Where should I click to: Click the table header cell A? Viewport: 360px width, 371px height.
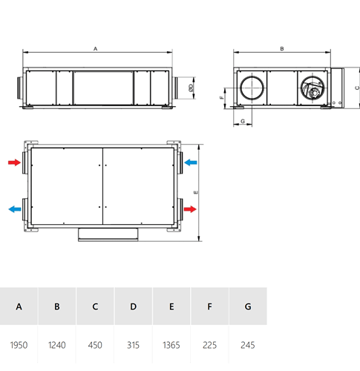pos(19,306)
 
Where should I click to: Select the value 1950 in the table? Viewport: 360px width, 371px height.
pos(19,345)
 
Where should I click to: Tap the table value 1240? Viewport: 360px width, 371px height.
pos(57,345)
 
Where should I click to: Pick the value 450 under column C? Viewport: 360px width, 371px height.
pos(95,345)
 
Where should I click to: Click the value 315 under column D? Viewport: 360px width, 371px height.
pos(133,345)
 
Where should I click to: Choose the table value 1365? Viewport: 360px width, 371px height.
pos(171,345)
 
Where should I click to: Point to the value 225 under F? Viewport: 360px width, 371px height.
pos(209,345)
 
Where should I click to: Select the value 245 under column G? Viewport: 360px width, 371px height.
pos(248,345)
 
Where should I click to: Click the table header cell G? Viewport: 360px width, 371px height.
pos(248,306)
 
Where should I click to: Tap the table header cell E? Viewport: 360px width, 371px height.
pos(171,306)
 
